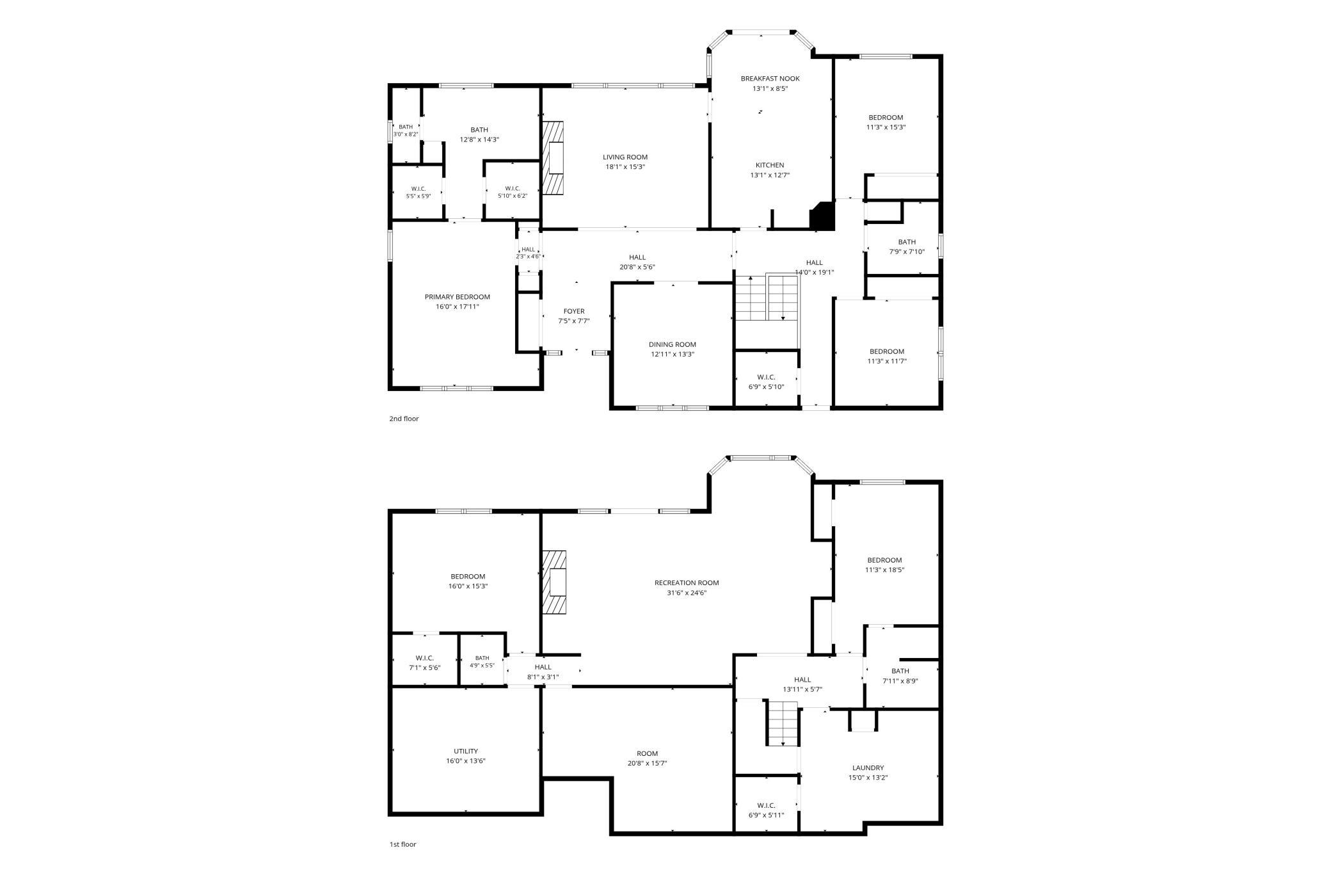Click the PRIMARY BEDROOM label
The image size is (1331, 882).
point(457,297)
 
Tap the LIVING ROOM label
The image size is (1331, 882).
point(625,157)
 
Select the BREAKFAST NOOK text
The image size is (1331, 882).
point(770,79)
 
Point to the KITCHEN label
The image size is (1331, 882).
point(770,165)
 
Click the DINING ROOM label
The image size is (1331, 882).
point(673,344)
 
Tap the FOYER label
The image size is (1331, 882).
point(574,312)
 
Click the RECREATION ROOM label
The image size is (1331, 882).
point(687,583)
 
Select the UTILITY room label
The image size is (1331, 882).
point(466,751)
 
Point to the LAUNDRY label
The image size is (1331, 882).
point(868,768)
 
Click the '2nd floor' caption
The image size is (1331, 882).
point(404,419)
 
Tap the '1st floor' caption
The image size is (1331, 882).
point(402,844)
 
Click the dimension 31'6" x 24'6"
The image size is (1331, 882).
point(687,593)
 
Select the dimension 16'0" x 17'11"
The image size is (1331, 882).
point(457,307)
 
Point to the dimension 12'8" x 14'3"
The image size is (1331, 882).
point(479,140)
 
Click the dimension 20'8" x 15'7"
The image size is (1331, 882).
point(647,763)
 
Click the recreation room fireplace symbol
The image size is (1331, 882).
point(554,582)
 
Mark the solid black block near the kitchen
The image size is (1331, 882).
point(822,216)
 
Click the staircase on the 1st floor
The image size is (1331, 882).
point(783,723)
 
